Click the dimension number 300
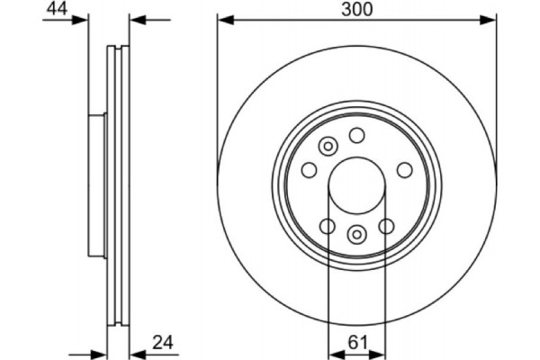357,9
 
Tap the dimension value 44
57,9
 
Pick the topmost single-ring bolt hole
357,136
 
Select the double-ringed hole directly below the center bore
357,235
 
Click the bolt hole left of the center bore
310,169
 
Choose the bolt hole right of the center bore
405,169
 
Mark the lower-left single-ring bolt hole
328,226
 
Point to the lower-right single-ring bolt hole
387,226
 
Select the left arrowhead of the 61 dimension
333,351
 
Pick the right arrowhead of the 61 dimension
382,351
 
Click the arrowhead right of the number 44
83,19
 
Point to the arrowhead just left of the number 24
136,351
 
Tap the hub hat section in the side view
97,184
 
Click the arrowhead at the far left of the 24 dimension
101,351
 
